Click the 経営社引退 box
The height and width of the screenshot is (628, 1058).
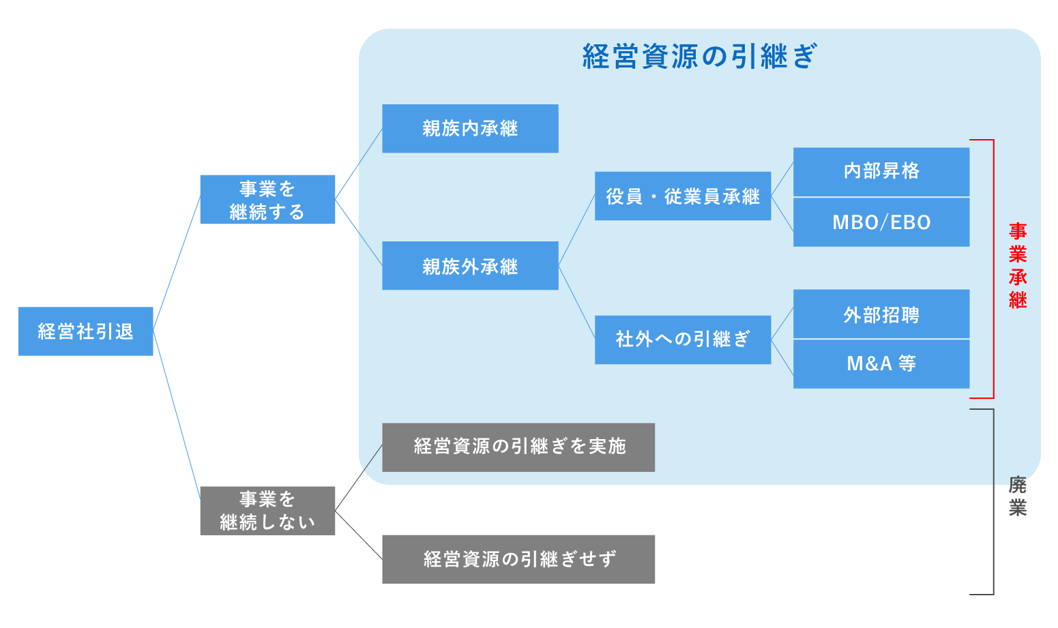85,331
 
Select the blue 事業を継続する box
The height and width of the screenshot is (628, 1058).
267,199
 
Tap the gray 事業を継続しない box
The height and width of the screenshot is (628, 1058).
267,511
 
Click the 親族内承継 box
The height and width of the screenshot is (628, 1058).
470,128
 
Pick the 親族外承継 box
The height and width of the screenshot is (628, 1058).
470,265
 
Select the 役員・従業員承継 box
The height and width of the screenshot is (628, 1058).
683,196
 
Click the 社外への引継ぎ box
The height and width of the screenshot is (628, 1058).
683,340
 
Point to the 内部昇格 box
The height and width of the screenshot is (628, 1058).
881,172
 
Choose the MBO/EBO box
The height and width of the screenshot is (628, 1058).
881,222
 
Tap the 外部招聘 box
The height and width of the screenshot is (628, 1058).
881,314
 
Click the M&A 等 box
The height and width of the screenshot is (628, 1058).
881,364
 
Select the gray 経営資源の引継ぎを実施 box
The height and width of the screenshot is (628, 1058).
518,447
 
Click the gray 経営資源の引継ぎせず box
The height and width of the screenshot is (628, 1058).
518,559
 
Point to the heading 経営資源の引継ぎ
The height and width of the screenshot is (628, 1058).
699,57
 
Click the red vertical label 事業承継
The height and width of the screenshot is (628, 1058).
1018,266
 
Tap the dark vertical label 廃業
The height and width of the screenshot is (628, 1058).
1018,496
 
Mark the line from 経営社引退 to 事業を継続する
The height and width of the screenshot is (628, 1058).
177,263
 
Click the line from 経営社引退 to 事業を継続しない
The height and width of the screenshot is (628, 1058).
177,415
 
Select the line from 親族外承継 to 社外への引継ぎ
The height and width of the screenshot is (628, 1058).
576,301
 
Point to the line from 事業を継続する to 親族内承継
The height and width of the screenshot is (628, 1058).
359,164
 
